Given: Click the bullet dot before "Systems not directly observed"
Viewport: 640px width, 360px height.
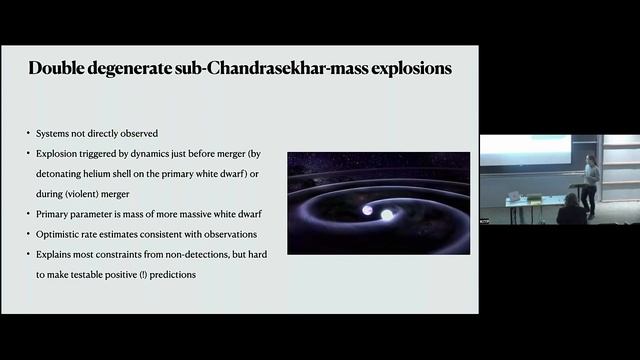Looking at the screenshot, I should click(29, 133).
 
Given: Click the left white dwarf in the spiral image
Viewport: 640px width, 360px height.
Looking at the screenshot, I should click(366, 211).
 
